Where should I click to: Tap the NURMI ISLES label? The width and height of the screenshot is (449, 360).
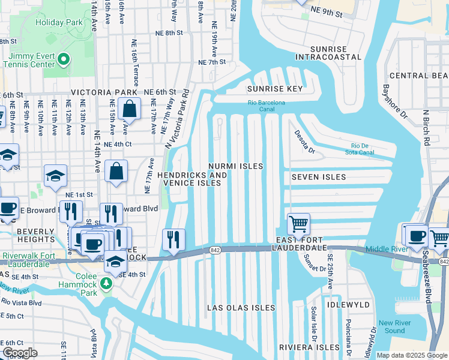[236, 165]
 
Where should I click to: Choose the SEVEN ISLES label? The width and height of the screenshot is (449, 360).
[319, 177]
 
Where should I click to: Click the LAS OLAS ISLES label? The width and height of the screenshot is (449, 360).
[241, 308]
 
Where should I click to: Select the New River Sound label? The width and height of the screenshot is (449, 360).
[394, 327]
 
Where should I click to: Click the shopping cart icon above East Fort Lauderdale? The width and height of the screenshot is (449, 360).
[298, 224]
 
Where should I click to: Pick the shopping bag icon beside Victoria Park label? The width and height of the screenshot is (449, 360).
[129, 109]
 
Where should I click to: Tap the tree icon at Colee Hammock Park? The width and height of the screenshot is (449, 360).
[107, 282]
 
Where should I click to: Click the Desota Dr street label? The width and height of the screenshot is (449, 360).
[303, 143]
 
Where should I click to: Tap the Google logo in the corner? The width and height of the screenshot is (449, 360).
[20, 353]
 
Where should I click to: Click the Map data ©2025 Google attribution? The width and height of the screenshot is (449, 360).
[411, 355]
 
